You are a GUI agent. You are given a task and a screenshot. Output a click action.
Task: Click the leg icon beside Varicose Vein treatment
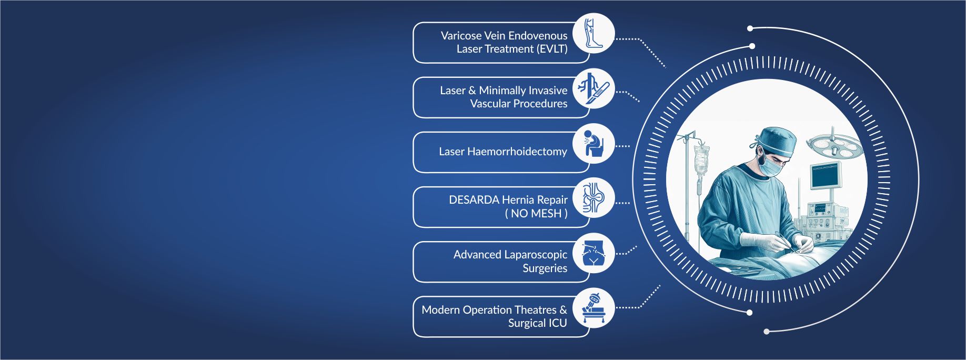coord(593,33)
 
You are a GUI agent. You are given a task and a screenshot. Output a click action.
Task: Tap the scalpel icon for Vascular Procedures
coord(593,88)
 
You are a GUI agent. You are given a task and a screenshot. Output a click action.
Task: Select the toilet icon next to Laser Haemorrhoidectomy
coord(593,143)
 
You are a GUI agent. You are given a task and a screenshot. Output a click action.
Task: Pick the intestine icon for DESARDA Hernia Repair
coord(593,198)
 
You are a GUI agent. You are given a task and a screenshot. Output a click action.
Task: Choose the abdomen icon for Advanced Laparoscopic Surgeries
coord(593,253)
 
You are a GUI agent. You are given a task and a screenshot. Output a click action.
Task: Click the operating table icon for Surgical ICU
coord(593,308)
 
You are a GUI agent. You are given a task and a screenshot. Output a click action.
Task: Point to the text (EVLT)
coord(552,49)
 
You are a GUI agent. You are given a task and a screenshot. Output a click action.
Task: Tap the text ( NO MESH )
coord(536,213)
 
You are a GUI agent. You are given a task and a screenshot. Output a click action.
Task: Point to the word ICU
coord(558,323)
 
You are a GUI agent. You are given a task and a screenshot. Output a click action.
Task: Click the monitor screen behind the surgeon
coord(826,176)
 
